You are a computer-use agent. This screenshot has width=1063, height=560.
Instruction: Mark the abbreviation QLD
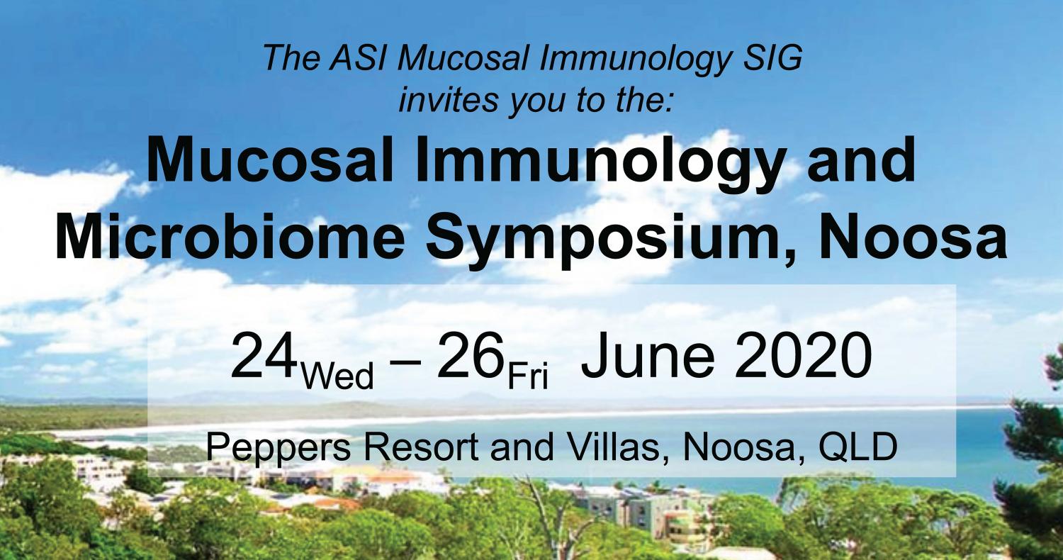point(858,447)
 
